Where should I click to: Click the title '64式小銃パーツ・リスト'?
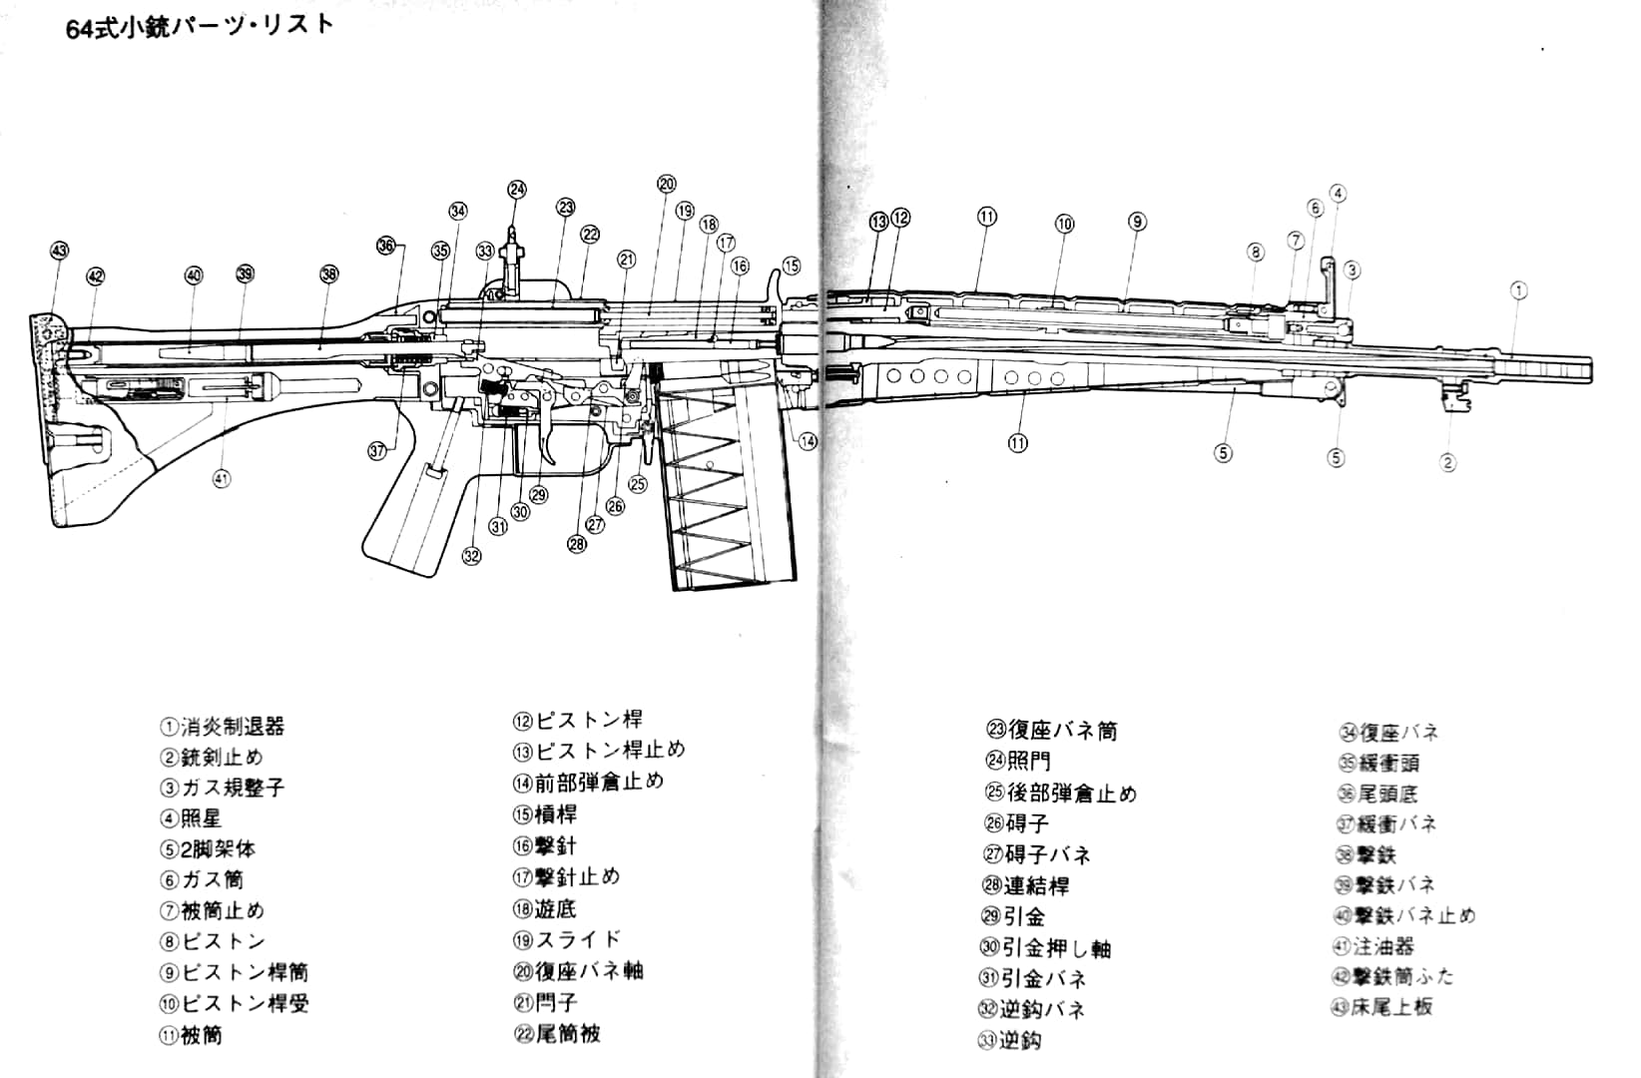pyautogui.click(x=200, y=26)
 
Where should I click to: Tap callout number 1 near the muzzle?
pyautogui.click(x=1517, y=290)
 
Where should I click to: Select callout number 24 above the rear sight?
pyautogui.click(x=516, y=190)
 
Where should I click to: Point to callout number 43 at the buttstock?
pyautogui.click(x=59, y=250)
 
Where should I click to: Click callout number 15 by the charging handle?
pyautogui.click(x=791, y=266)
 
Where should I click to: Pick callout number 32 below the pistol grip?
pyautogui.click(x=472, y=556)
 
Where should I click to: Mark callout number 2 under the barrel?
pyautogui.click(x=1447, y=462)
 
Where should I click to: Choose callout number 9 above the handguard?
pyautogui.click(x=1137, y=222)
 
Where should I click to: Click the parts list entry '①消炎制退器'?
pyautogui.click(x=223, y=727)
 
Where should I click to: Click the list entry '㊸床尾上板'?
pyautogui.click(x=1382, y=1006)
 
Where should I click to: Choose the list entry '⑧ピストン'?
pyautogui.click(x=213, y=941)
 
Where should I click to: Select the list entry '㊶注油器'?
pyautogui.click(x=1373, y=945)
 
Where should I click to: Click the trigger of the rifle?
pyautogui.click(x=551, y=440)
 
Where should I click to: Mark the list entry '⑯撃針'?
pyautogui.click(x=545, y=845)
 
